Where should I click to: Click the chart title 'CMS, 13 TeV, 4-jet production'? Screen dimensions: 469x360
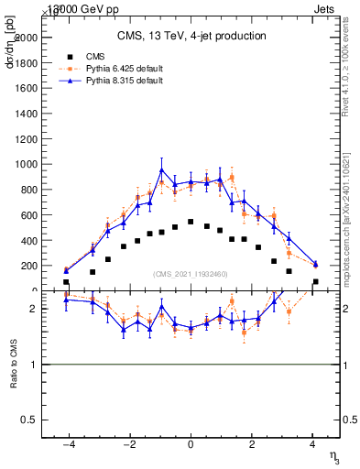point(191,36)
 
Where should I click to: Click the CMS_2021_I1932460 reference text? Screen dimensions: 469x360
point(191,274)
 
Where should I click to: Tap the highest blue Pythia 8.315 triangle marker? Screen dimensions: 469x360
point(161,170)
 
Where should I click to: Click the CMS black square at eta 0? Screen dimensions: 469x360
point(191,222)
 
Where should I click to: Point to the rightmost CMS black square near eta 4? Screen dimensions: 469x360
point(315,282)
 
